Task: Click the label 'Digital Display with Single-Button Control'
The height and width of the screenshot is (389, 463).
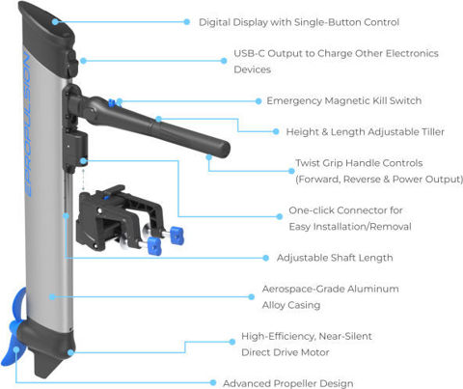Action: coord(299,22)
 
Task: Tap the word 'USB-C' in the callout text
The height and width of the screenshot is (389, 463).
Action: coord(249,53)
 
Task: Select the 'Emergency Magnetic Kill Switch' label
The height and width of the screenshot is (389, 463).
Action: coord(344,100)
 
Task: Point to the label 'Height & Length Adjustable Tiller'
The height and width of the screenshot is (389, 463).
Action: coord(366,132)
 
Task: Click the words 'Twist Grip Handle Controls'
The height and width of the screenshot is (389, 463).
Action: coord(359,163)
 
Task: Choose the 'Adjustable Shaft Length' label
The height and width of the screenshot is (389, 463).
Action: coord(335,258)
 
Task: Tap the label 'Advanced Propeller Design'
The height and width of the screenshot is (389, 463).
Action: coord(288,383)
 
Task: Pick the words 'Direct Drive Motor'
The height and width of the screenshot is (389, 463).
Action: coord(286,352)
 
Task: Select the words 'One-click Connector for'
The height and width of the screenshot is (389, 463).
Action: coord(345,210)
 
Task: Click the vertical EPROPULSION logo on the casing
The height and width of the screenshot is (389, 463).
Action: coord(28,123)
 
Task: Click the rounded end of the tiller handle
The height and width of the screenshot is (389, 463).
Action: coord(223,149)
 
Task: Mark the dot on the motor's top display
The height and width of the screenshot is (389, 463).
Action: coord(55,22)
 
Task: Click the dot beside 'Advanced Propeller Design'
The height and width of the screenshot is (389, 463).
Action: coord(213,382)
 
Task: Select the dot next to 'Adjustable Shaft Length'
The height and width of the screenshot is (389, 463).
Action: coord(265,258)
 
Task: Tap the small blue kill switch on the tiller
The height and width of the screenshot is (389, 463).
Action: coord(112,103)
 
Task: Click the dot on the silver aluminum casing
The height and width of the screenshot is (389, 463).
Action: coord(52,297)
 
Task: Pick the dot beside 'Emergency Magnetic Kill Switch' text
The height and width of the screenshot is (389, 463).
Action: coord(259,101)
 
